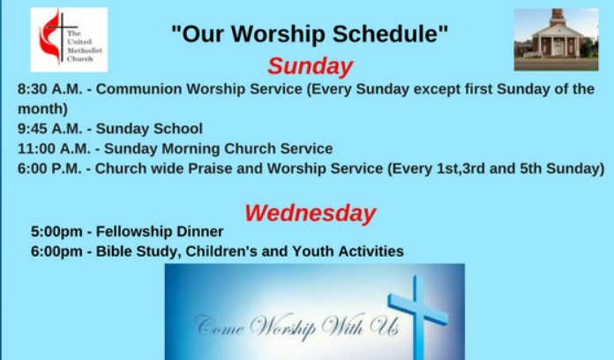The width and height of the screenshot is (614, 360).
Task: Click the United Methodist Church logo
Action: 69,40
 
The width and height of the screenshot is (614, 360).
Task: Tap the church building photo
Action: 556,40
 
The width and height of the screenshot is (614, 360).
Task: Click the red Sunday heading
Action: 311,66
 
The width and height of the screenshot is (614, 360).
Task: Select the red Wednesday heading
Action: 311,214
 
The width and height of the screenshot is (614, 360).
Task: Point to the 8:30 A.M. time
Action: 50,89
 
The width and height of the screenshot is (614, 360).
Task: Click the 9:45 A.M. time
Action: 50,129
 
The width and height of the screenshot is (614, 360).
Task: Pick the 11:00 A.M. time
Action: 54,149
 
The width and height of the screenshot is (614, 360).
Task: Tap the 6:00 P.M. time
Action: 49,169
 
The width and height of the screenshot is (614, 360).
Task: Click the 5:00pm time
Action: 56,231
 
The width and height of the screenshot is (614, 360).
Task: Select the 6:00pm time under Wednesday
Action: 56,251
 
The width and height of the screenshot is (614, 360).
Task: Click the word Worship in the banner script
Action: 282,326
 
